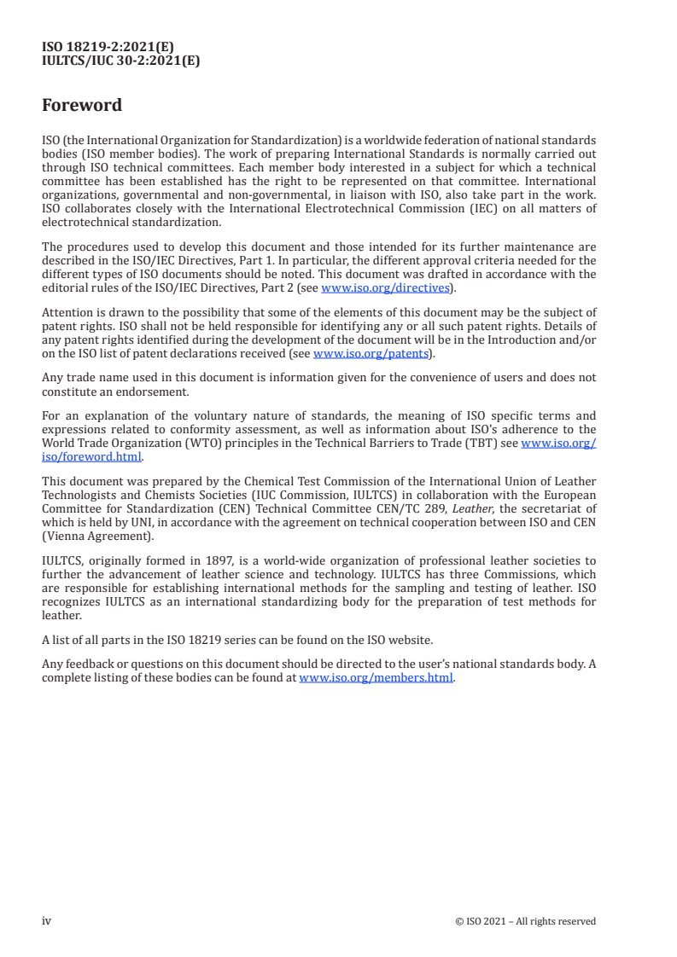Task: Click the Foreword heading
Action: [x=82, y=106]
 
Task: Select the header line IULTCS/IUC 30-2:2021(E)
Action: [x=121, y=61]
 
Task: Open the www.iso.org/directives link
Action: [x=385, y=287]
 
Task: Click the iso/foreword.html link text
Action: [x=91, y=456]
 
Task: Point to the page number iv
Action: [x=47, y=921]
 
